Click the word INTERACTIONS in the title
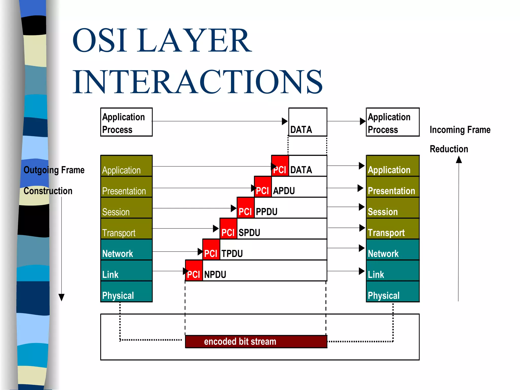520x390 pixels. click(x=197, y=82)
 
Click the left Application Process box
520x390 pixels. click(x=126, y=122)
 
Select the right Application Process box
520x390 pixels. click(x=392, y=122)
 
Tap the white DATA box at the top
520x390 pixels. click(x=307, y=122)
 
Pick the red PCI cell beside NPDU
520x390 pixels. click(x=194, y=271)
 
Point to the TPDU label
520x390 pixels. click(x=232, y=253)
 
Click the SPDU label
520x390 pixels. click(x=249, y=233)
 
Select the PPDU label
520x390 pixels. click(x=266, y=212)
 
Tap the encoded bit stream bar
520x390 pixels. click(x=256, y=342)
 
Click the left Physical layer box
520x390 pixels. click(x=126, y=291)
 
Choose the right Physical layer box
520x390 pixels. click(x=393, y=291)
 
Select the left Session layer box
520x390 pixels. click(x=126, y=208)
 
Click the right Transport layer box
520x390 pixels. click(x=393, y=229)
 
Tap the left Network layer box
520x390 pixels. click(x=126, y=250)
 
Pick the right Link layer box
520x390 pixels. click(x=393, y=271)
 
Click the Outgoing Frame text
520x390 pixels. click(x=54, y=170)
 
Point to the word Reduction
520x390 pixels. click(x=449, y=149)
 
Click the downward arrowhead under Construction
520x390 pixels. click(x=61, y=297)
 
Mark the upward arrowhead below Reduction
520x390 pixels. click(x=459, y=160)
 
